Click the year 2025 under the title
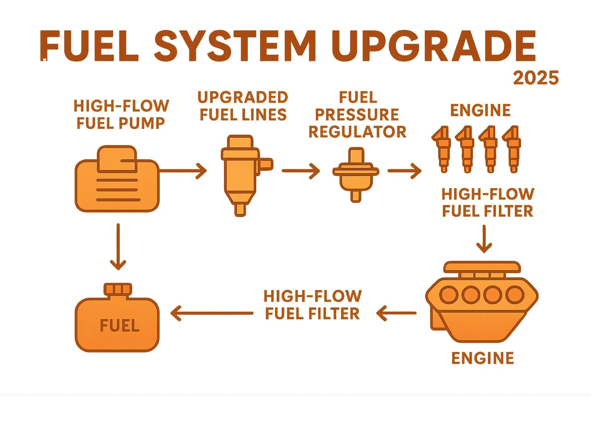click(x=536, y=78)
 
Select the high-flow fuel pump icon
click(x=117, y=179)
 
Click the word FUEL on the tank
click(x=119, y=326)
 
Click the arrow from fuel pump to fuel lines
click(x=183, y=171)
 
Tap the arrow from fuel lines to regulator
click(x=301, y=171)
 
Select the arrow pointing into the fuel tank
click(x=212, y=313)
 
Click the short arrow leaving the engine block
click(x=396, y=313)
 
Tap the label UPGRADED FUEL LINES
click(x=243, y=106)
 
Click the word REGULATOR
click(x=357, y=132)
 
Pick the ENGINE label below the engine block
click(x=482, y=358)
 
